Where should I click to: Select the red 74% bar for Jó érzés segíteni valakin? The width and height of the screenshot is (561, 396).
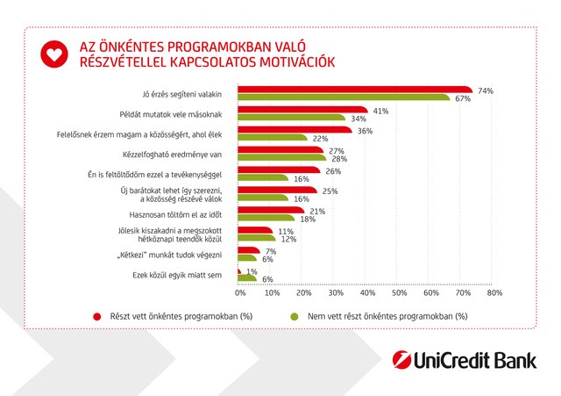pyautogui.click(x=353, y=90)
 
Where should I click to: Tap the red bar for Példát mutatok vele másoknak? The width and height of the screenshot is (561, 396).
pyautogui.click(x=300, y=111)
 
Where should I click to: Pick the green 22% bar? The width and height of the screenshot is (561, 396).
pyautogui.click(x=272, y=138)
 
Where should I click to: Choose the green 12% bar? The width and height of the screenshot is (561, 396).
pyautogui.click(x=256, y=238)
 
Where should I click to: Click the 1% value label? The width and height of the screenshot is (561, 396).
pyautogui.click(x=252, y=271)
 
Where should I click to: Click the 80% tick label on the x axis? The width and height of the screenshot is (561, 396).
pyautogui.click(x=494, y=292)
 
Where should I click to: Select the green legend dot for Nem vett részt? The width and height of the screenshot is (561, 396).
pyautogui.click(x=295, y=315)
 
